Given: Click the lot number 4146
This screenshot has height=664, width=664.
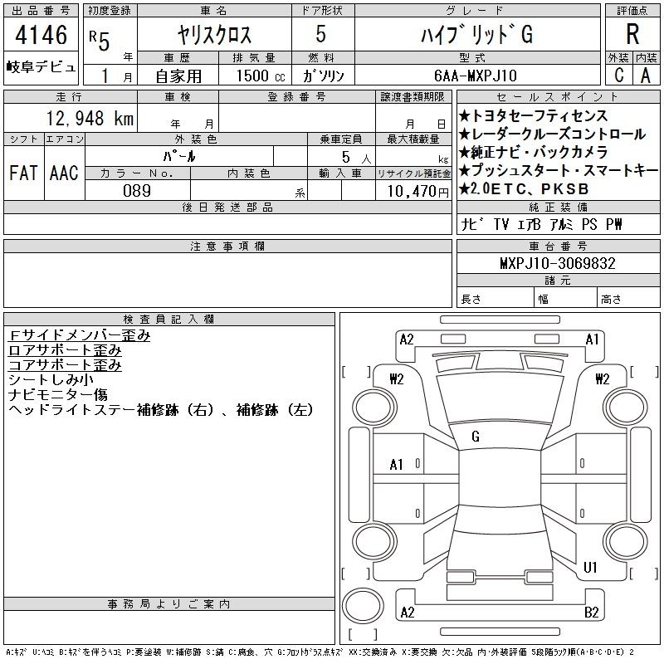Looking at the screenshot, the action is pyautogui.click(x=41, y=35).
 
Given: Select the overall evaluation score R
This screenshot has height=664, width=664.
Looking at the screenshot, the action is pyautogui.click(x=632, y=34).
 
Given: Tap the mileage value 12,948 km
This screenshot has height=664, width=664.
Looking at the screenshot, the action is pyautogui.click(x=90, y=118).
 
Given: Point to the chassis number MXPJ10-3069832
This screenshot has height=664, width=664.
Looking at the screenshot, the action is pyautogui.click(x=557, y=263).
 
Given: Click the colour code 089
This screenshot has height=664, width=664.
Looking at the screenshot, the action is pyautogui.click(x=137, y=191).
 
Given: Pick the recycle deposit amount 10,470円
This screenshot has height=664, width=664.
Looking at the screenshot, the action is pyautogui.click(x=417, y=192).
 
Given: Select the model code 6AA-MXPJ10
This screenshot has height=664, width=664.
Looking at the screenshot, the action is pyautogui.click(x=475, y=76).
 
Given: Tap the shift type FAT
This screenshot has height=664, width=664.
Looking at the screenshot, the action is pyautogui.click(x=23, y=173).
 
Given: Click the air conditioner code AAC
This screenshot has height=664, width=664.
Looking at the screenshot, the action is pyautogui.click(x=64, y=173).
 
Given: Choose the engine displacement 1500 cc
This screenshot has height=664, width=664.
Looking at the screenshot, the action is pyautogui.click(x=261, y=76).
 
